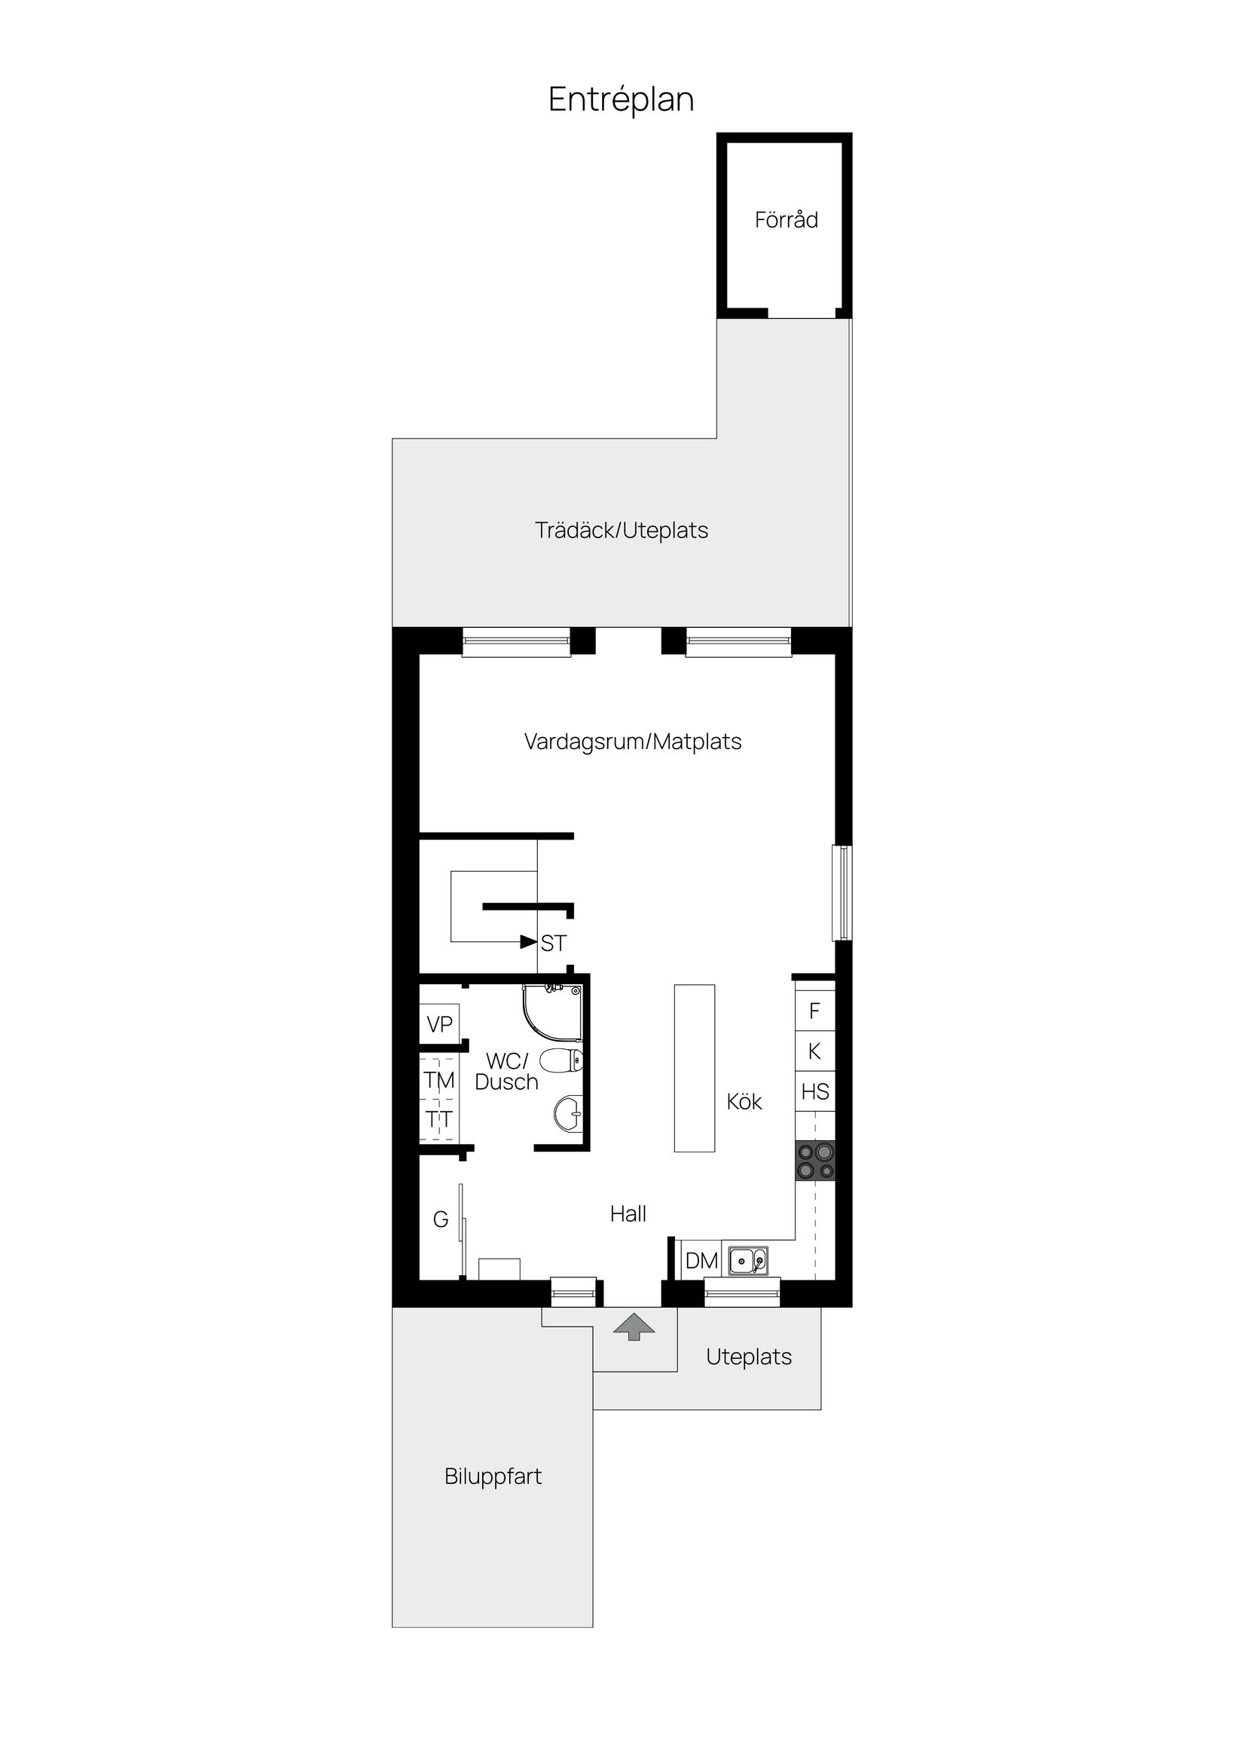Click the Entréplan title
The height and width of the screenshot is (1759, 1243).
pyautogui.click(x=621, y=99)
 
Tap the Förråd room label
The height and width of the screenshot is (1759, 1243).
pyautogui.click(x=786, y=220)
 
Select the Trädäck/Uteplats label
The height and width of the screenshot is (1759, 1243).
pyautogui.click(x=621, y=530)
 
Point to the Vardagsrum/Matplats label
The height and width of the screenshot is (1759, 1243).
pyautogui.click(x=633, y=742)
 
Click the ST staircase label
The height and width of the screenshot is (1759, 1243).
pyautogui.click(x=554, y=943)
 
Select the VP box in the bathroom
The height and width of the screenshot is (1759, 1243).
pyautogui.click(x=439, y=1024)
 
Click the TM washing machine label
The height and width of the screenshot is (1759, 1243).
pyautogui.click(x=439, y=1080)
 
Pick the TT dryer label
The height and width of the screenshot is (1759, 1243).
pyautogui.click(x=439, y=1119)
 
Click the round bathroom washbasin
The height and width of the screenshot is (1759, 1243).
pyautogui.click(x=567, y=1114)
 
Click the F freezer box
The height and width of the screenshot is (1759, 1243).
pyautogui.click(x=815, y=1011)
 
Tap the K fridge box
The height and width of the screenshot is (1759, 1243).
pyautogui.click(x=815, y=1051)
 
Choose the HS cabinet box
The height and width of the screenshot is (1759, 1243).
pyautogui.click(x=815, y=1092)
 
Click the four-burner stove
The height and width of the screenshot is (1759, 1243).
pyautogui.click(x=815, y=1161)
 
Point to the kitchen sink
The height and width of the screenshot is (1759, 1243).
pyautogui.click(x=747, y=1260)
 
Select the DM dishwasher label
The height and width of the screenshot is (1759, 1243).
pyautogui.click(x=701, y=1260)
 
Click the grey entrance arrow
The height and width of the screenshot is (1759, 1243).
pyautogui.click(x=634, y=1327)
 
